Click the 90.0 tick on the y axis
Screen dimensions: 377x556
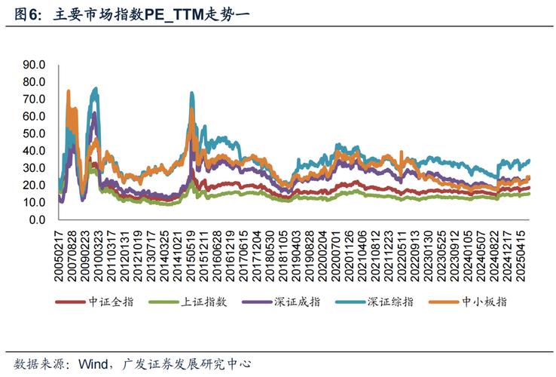point(35,65)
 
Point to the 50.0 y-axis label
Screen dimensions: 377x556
point(35,133)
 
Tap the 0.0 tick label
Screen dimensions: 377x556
point(38,220)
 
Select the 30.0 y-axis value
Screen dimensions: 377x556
point(35,168)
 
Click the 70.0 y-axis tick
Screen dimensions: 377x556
point(35,100)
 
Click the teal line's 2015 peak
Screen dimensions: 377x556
point(191,93)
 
